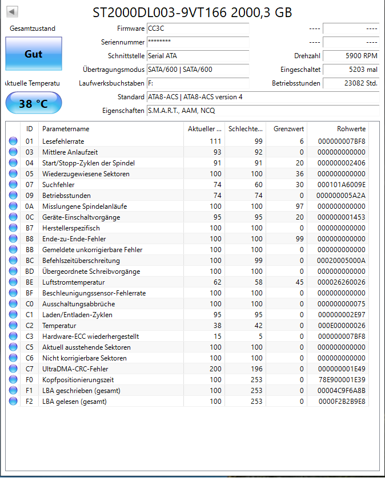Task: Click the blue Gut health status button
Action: click(33, 54)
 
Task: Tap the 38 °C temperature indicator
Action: click(33, 104)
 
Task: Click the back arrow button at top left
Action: click(12, 12)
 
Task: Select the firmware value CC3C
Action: click(197, 29)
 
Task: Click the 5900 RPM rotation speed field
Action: click(351, 56)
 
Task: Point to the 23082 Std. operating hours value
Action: click(351, 83)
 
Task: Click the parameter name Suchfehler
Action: click(58, 184)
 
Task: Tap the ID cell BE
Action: click(30, 282)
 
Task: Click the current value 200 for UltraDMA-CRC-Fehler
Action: click(215, 368)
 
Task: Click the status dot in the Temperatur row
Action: click(13, 326)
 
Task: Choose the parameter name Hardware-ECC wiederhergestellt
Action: click(90, 337)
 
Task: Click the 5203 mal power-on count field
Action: click(351, 70)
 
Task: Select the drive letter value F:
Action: click(197, 83)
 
